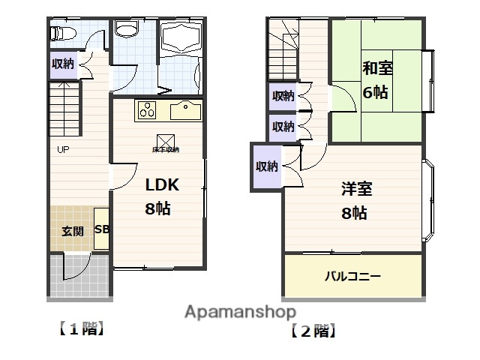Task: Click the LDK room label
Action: point(162,185)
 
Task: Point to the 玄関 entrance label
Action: point(73,231)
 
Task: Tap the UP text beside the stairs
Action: point(63,149)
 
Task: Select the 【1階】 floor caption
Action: point(79,328)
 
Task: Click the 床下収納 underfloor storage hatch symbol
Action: point(166,142)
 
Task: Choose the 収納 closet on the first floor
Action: point(62,64)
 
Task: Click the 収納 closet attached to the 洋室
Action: point(266,166)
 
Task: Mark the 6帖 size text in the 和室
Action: point(375,93)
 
